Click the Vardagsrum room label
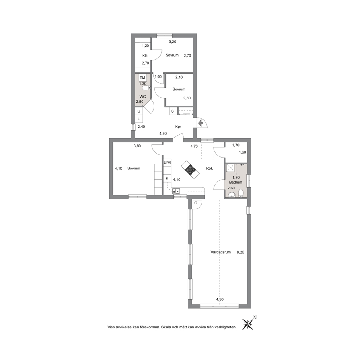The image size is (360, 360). (x=221, y=252)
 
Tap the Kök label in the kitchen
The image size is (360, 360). (x=209, y=168)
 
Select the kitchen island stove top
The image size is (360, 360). (x=191, y=170)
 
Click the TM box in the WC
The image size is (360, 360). (x=142, y=78)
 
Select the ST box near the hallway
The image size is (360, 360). (x=173, y=111)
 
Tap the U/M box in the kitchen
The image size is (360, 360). (x=167, y=163)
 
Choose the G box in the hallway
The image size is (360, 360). (x=139, y=111)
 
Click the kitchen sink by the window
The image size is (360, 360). (x=176, y=191)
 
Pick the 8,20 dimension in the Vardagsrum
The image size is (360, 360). (x=240, y=252)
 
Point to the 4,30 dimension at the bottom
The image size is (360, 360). (x=220, y=299)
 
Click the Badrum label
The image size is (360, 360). (x=236, y=182)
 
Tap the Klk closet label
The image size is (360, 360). (x=145, y=56)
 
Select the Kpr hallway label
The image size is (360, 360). (x=178, y=127)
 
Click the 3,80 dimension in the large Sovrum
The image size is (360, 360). (x=137, y=146)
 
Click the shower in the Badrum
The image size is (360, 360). (x=230, y=168)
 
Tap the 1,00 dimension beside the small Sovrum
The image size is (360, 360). (x=158, y=77)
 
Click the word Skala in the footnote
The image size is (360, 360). (x=166, y=327)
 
